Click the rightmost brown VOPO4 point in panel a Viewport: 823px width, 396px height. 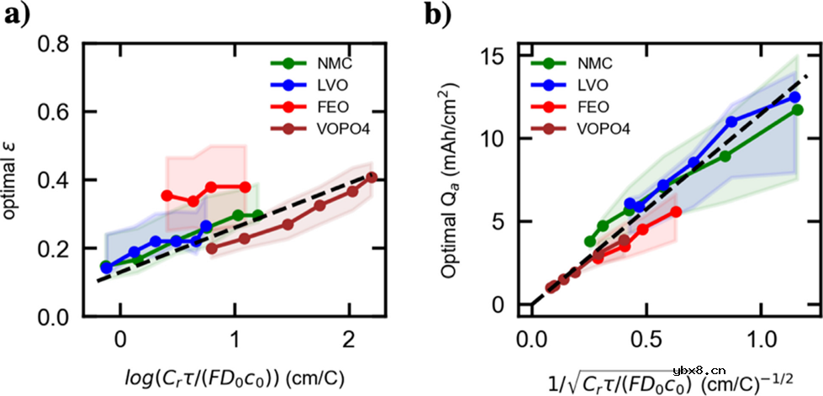point(371,177)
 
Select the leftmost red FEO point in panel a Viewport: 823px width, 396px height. point(166,195)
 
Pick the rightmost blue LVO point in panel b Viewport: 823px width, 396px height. point(794,98)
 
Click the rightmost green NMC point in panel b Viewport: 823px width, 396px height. point(797,110)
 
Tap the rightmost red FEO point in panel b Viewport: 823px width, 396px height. point(676,212)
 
